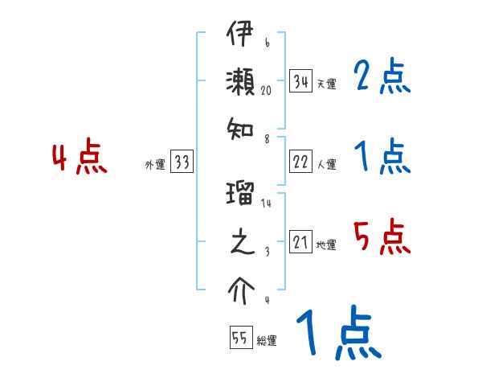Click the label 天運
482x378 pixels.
click(327, 84)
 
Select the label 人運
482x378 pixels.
click(327, 164)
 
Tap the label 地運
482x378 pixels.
click(327, 245)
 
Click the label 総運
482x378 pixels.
click(267, 340)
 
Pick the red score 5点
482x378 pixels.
click(382, 238)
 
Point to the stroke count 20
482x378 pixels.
click(268, 92)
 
